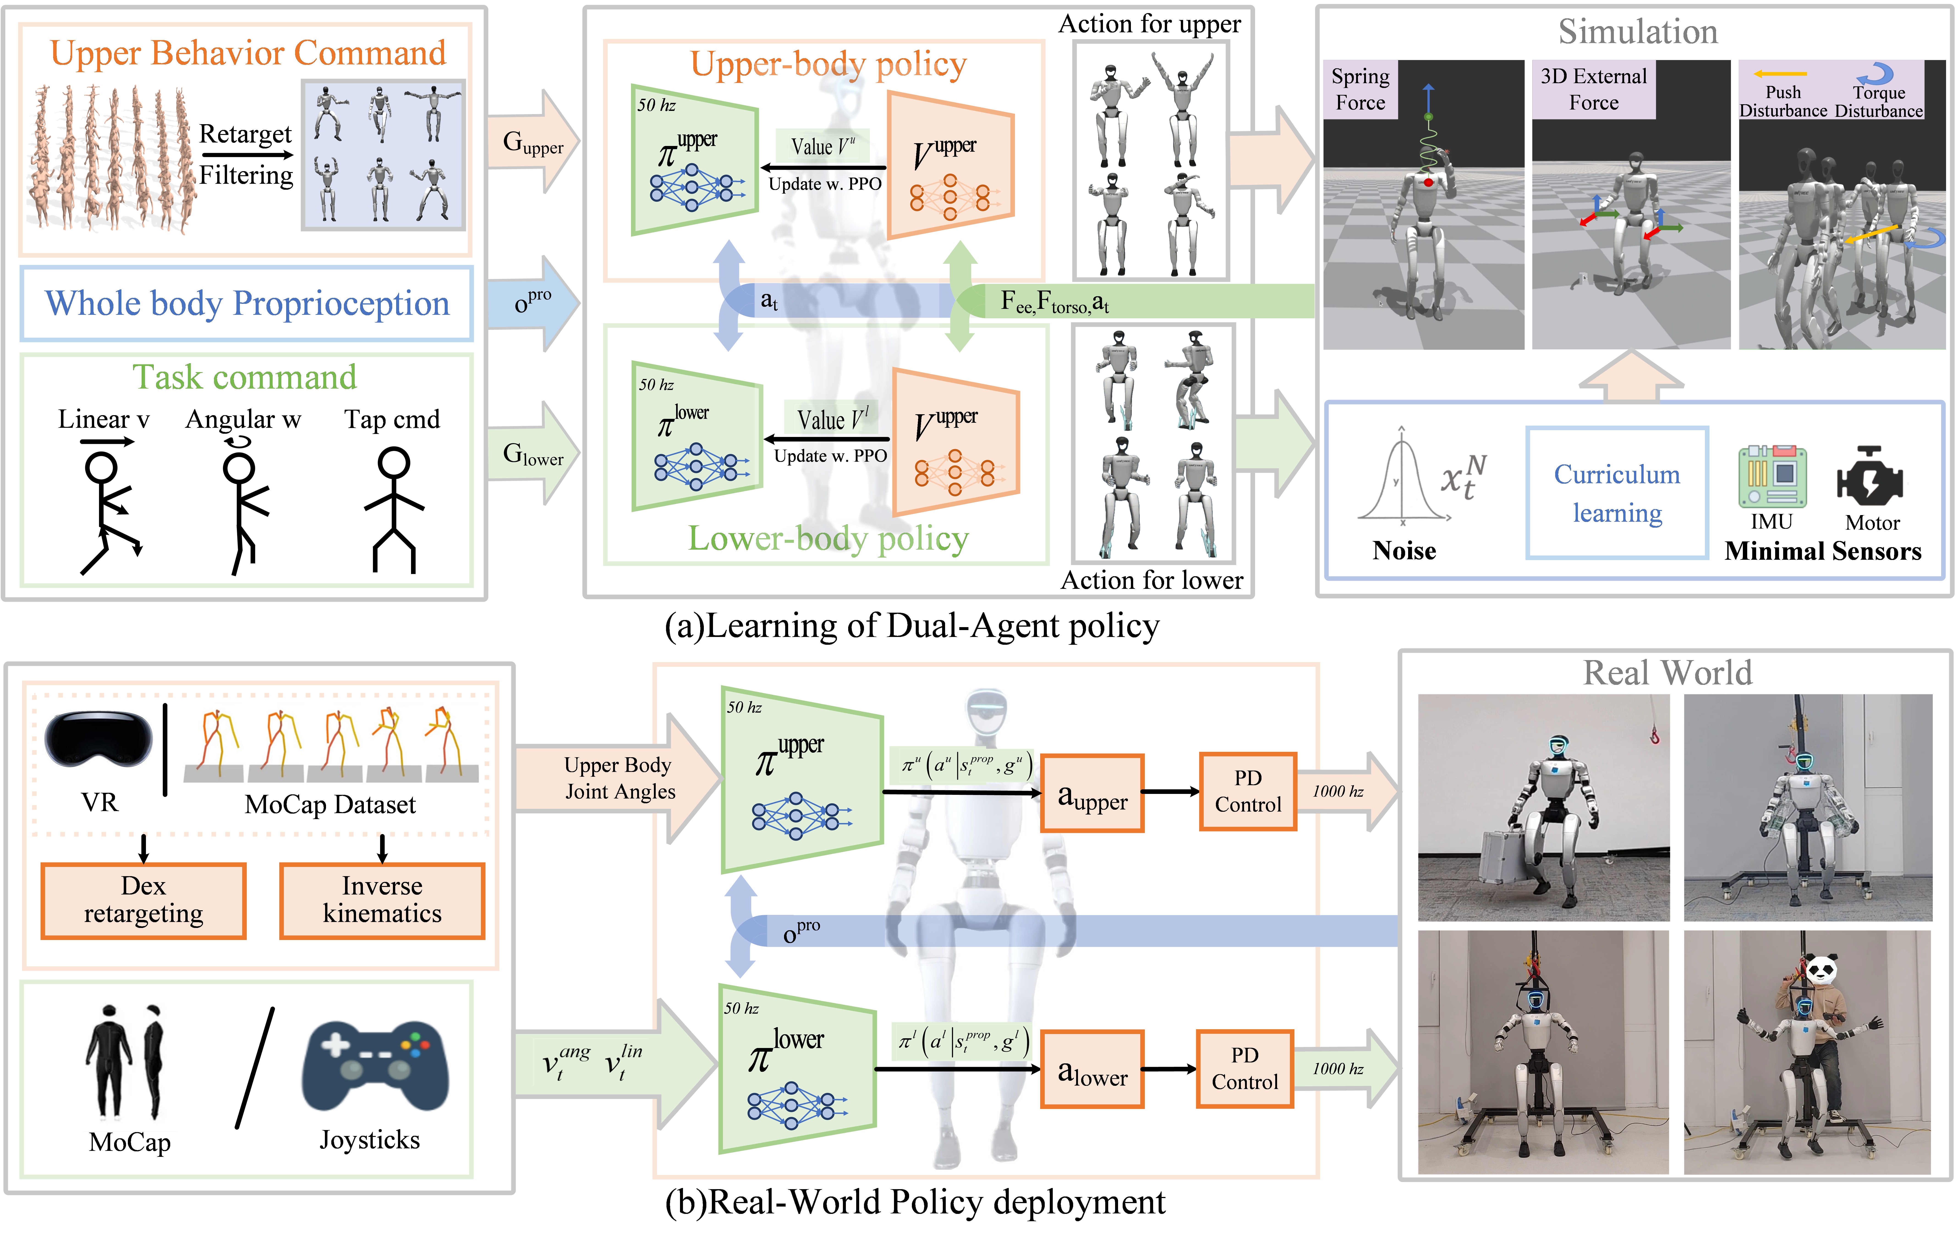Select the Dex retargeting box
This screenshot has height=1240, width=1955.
[144, 900]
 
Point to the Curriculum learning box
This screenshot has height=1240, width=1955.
[1616, 493]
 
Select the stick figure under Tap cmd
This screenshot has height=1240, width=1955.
[394, 509]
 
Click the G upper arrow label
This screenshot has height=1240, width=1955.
[533, 143]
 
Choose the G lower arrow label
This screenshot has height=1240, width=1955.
[533, 454]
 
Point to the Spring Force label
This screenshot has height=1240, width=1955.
[1360, 89]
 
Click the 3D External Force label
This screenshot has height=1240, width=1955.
[1593, 89]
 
